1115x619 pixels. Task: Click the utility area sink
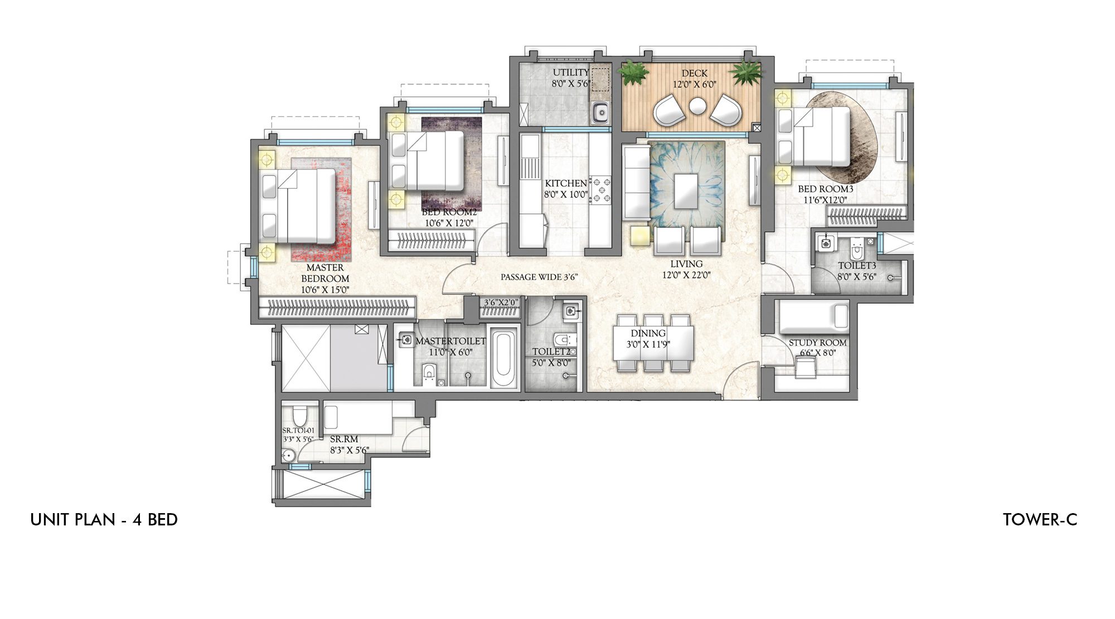[600, 113]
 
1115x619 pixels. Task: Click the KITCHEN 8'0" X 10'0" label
[566, 189]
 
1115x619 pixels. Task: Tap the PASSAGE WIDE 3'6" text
[537, 277]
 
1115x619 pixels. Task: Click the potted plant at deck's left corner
[634, 72]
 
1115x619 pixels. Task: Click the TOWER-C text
[1040, 520]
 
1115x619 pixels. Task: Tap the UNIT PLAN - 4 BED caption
[104, 520]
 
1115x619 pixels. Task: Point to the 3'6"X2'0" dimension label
[501, 303]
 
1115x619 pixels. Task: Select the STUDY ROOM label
[817, 343]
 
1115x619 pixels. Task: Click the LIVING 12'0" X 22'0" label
[686, 269]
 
